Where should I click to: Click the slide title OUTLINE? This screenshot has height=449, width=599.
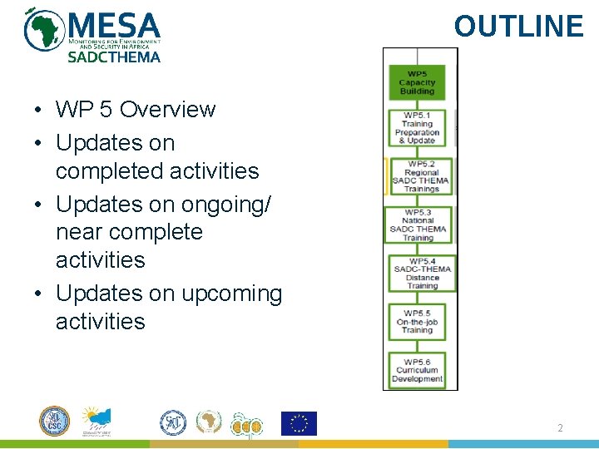(x=518, y=27)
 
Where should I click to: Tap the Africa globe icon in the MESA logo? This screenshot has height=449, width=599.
(x=44, y=31)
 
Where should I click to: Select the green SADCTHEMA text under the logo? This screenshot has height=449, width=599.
(x=114, y=57)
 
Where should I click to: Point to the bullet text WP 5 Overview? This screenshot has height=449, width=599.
(x=135, y=110)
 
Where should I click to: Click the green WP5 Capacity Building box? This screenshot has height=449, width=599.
(x=418, y=82)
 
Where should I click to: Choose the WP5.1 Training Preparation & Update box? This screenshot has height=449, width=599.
(x=418, y=128)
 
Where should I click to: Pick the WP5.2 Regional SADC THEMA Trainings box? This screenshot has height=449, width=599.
(x=419, y=176)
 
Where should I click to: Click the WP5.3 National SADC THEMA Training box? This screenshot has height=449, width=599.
(x=418, y=225)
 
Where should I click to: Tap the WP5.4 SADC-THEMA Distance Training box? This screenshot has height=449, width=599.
(x=422, y=274)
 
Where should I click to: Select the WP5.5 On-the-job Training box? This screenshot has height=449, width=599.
(x=419, y=322)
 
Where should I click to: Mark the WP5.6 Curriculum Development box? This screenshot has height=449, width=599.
(x=418, y=370)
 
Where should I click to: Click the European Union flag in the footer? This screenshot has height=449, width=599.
(x=299, y=423)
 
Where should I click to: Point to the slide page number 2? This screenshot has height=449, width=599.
(x=561, y=427)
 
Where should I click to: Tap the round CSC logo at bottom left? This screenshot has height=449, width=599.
(x=55, y=422)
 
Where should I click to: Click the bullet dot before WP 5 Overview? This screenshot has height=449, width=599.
(x=39, y=111)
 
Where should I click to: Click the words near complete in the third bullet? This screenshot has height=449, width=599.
(x=129, y=232)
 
